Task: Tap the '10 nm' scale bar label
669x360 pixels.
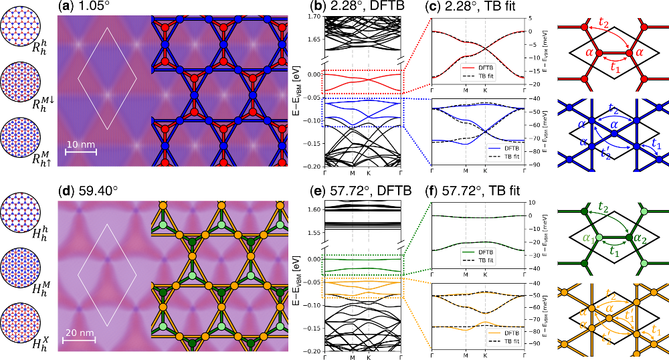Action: tap(80, 145)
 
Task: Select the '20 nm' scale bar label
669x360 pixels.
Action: tap(79, 331)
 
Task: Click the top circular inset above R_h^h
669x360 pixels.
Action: tap(19, 21)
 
